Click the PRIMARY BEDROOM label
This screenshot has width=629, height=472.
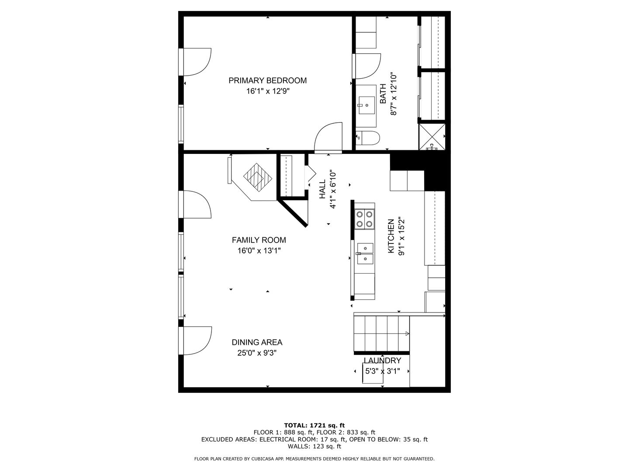267,80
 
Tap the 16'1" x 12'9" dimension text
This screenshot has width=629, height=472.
267,91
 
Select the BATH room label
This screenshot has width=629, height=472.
383,94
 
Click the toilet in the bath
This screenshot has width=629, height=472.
368,139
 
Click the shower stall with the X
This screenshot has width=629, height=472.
432,137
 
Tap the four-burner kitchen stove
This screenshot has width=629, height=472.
364,219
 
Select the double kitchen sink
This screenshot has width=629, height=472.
365,254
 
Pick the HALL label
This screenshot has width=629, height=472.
322,189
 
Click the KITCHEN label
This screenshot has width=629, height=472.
391,236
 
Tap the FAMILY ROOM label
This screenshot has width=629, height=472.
259,240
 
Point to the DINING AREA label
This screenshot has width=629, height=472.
257,343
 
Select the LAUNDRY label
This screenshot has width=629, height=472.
382,361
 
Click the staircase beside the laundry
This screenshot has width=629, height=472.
381,333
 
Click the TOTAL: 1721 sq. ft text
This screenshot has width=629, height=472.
314,425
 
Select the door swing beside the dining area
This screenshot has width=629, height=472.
197,340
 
